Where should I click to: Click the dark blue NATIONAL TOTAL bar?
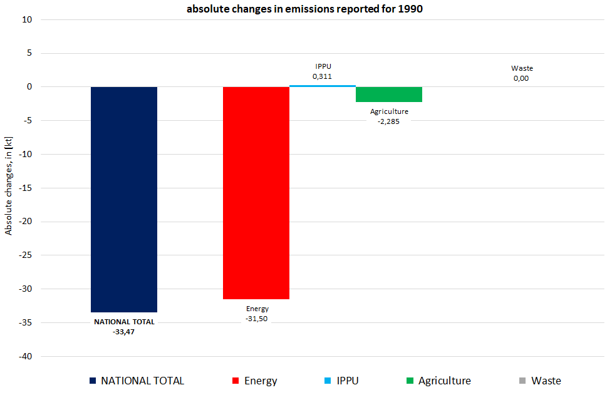[x=124, y=199]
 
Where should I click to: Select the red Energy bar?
[x=256, y=193]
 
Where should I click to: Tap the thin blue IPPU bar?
[x=322, y=86]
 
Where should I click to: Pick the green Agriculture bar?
[x=388, y=95]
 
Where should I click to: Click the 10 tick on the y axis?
[x=28, y=19]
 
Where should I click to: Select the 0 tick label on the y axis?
[x=29, y=87]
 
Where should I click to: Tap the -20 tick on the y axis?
[x=26, y=222]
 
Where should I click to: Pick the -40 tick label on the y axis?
[x=26, y=357]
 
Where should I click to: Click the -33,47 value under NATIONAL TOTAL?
[x=124, y=331]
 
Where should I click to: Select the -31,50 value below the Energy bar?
[x=257, y=319]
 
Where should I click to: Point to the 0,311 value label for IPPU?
[x=322, y=76]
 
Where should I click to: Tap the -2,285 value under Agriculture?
[x=389, y=121]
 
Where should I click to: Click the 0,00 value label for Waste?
[x=521, y=78]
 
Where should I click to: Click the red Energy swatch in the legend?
[x=236, y=381]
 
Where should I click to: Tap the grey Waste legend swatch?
[x=522, y=381]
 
